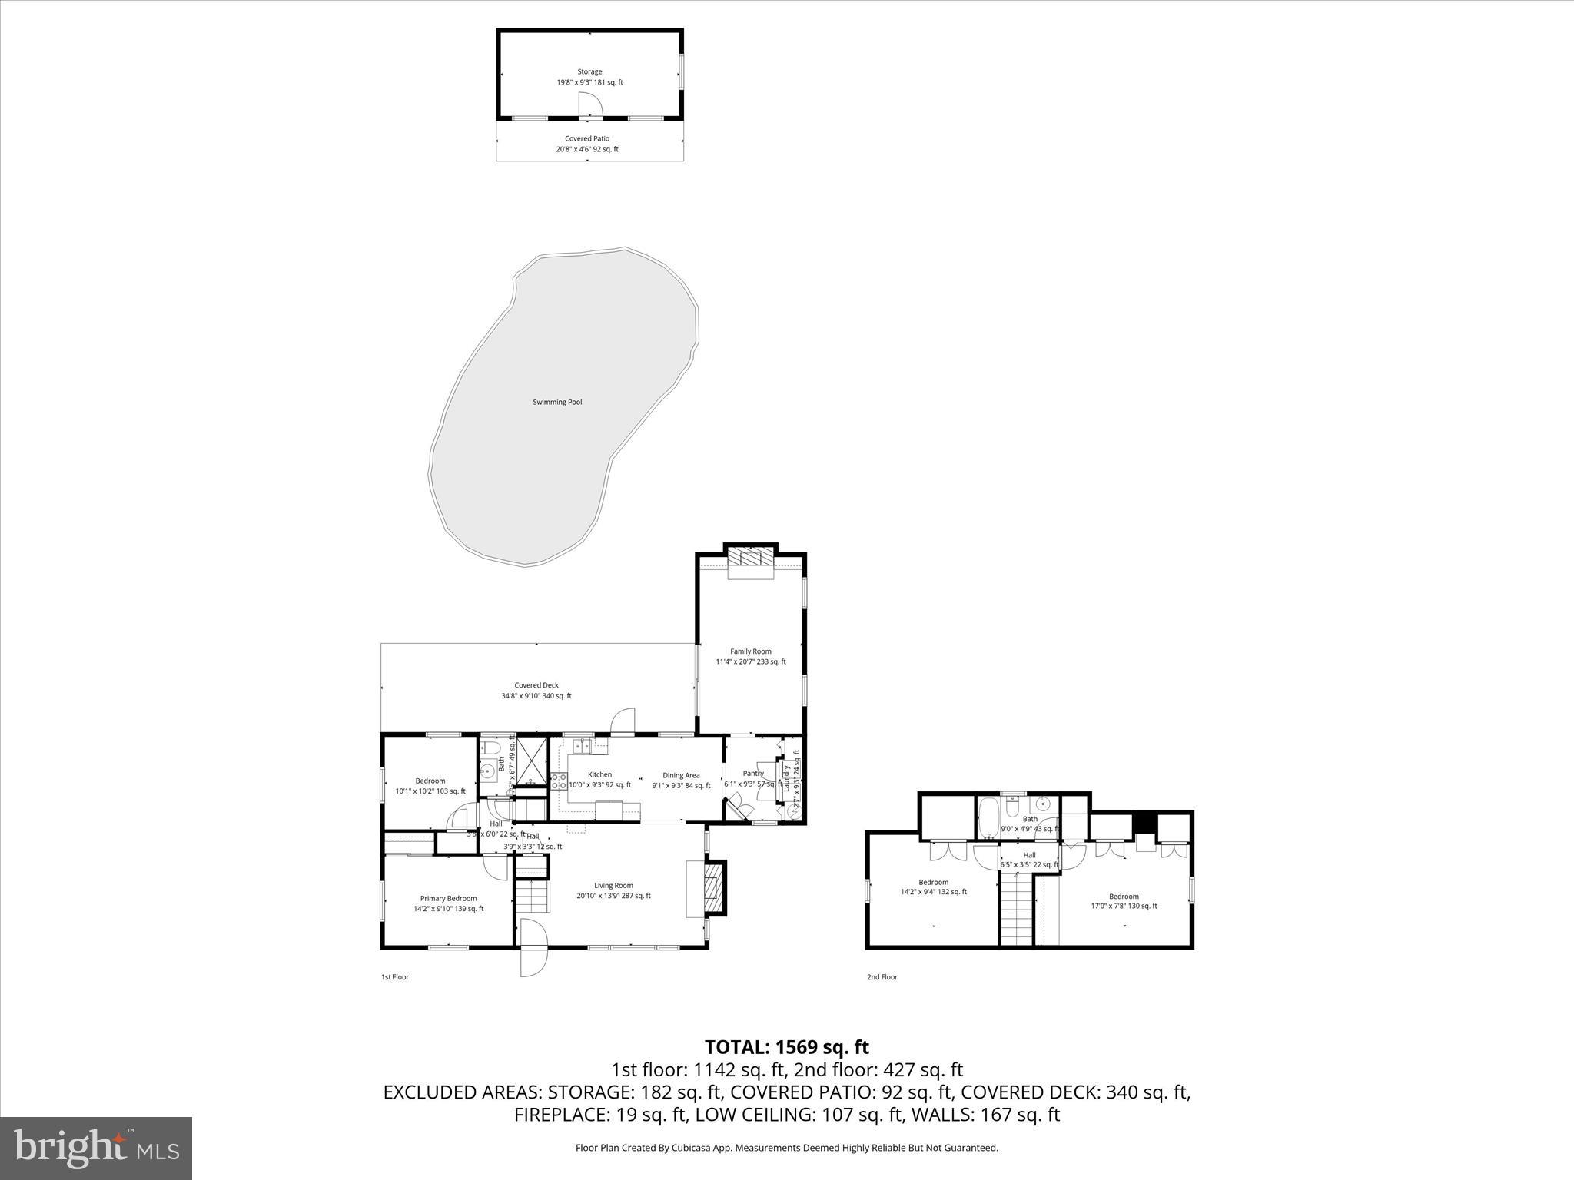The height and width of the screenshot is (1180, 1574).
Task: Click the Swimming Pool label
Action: coord(557,402)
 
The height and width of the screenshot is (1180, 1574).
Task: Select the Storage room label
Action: coord(589,77)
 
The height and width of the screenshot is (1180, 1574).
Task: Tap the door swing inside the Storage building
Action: coord(590,105)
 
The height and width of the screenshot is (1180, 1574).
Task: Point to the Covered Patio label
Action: coord(587,144)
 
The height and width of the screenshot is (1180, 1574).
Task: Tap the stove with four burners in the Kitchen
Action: coord(559,782)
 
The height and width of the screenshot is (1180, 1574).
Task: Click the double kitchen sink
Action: coord(582,744)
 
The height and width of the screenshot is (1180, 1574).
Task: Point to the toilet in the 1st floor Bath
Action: coord(492,747)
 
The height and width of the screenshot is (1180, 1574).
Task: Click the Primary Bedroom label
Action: coord(448,903)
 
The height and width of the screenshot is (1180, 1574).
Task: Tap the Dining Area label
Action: coord(681,780)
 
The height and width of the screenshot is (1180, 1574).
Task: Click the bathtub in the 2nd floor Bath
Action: coord(988,819)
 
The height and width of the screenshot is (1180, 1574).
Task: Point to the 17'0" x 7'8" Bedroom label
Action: coord(1123,900)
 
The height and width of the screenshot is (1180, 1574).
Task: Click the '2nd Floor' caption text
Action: coord(882,977)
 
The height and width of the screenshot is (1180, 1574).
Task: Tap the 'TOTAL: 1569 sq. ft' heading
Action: coord(786,1047)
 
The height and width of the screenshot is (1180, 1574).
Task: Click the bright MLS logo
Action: coord(96,1148)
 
